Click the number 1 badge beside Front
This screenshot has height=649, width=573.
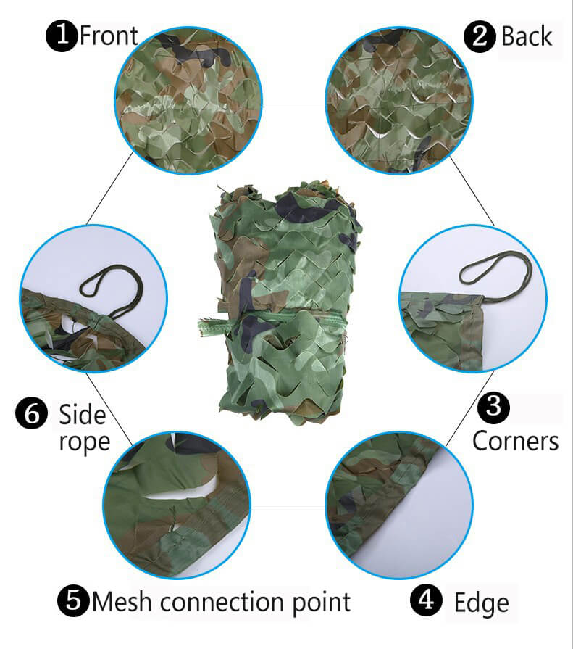pyautogui.click(x=62, y=36)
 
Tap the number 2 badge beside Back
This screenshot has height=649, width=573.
pyautogui.click(x=480, y=36)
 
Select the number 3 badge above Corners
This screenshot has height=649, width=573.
pyautogui.click(x=493, y=407)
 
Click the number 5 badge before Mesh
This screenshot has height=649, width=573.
pyautogui.click(x=73, y=600)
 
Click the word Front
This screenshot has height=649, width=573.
pyautogui.click(x=109, y=36)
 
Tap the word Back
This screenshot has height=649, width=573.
pyautogui.click(x=527, y=36)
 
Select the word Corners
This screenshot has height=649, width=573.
pyautogui.click(x=515, y=441)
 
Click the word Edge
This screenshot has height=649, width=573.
pyautogui.click(x=481, y=602)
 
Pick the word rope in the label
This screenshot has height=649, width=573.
pyautogui.click(x=84, y=442)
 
